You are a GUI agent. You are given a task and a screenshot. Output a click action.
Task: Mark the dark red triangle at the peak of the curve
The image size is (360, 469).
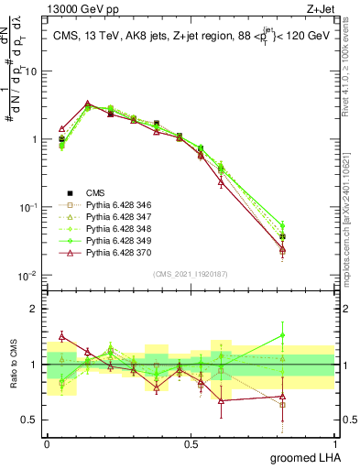point(87,104)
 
